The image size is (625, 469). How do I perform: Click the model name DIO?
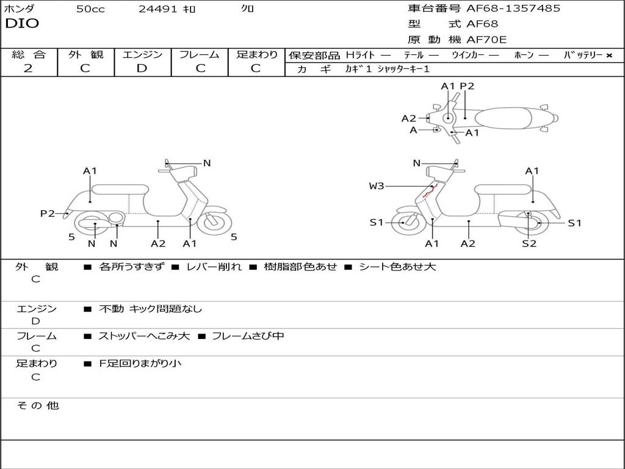pyautogui.click(x=22, y=24)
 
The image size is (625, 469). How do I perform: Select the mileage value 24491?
pyautogui.click(x=158, y=9)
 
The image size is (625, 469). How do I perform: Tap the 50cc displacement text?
pyautogui.click(x=90, y=9)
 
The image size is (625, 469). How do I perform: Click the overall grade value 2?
pyautogui.click(x=28, y=68)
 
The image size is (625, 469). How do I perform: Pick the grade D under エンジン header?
pyautogui.click(x=142, y=68)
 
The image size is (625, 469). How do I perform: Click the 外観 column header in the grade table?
pyautogui.click(x=85, y=55)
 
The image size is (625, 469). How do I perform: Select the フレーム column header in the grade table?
pyautogui.click(x=200, y=55)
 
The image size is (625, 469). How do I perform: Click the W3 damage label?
pyautogui.click(x=377, y=186)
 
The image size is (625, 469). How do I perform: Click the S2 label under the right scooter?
pyautogui.click(x=529, y=244)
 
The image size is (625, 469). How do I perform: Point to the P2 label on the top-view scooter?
pyautogui.click(x=467, y=86)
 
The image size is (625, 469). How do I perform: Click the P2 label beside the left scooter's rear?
pyautogui.click(x=48, y=213)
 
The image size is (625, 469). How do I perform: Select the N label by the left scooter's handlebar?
pyautogui.click(x=207, y=163)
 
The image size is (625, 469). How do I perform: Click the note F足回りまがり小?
pyautogui.click(x=140, y=363)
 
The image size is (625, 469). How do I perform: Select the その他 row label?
pyautogui.click(x=38, y=405)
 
